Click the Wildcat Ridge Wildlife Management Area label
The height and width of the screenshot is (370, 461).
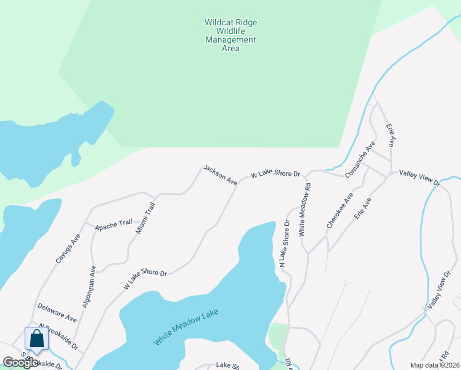click(x=230, y=35)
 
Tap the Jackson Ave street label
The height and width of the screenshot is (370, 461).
click(x=221, y=175)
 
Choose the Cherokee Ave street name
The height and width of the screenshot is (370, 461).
click(x=340, y=211)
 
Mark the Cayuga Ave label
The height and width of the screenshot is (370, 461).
click(x=68, y=248)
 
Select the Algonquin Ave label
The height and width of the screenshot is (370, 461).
click(x=89, y=287)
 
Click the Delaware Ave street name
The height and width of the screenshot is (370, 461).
click(x=57, y=313)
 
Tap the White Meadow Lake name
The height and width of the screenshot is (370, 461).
click(x=186, y=326)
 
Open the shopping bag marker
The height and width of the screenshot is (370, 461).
click(x=36, y=339)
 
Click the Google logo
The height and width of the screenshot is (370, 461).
click(x=20, y=363)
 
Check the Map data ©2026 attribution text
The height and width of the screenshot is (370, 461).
click(x=434, y=365)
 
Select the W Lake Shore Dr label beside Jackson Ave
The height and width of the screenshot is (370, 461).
click(x=275, y=175)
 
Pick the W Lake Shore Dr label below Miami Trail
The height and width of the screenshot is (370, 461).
click(x=145, y=279)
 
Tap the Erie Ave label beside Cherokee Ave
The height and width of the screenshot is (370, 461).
click(x=362, y=209)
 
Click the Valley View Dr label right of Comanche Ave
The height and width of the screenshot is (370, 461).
click(x=420, y=178)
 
